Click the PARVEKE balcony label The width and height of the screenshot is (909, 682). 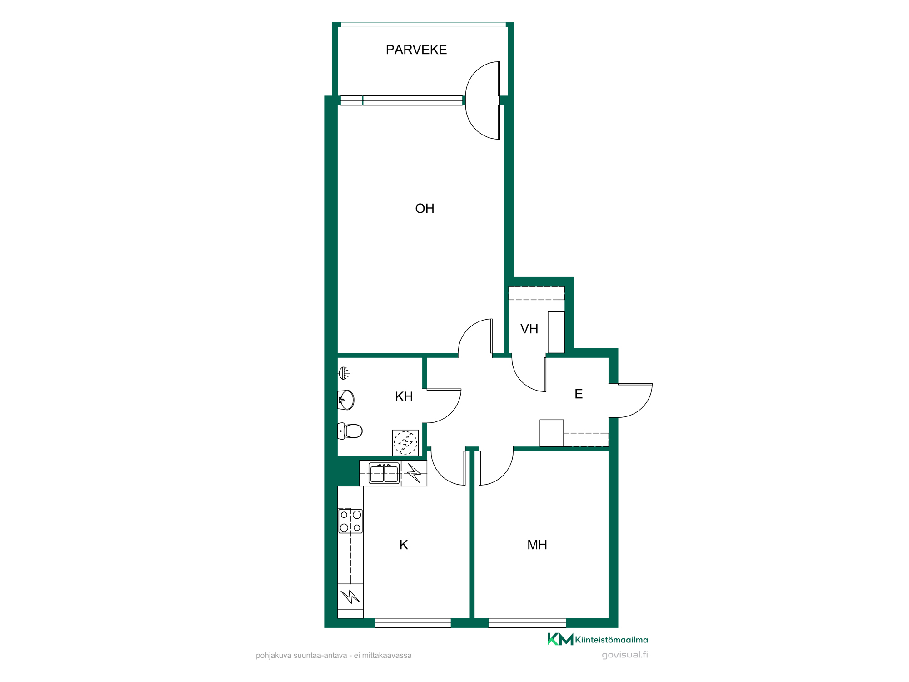416,50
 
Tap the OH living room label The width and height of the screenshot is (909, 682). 425,209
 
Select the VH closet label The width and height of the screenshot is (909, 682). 529,329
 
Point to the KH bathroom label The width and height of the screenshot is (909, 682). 404,396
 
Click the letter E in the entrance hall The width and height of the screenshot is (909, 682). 579,394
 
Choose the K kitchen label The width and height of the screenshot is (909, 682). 404,545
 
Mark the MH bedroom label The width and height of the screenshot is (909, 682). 537,545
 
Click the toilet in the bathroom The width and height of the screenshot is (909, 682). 350,431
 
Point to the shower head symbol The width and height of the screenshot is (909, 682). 345,373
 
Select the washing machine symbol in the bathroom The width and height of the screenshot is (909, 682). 405,443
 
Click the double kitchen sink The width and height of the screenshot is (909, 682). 384,474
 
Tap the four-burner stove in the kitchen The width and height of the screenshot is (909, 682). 350,521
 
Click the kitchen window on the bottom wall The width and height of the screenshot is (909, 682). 413,623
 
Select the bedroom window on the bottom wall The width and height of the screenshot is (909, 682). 527,623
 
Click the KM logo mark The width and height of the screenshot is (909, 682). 560,639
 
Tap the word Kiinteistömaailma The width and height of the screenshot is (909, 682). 612,640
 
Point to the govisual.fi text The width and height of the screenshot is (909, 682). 625,655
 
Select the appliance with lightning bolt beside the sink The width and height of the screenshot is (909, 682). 414,473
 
